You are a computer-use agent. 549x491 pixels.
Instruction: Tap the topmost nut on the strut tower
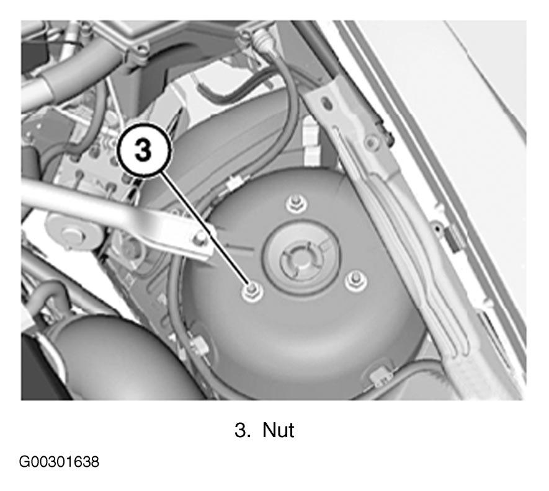(x=296, y=203)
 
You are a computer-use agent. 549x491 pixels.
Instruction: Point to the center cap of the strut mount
(x=298, y=259)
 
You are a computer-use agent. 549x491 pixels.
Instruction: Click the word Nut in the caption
(x=278, y=430)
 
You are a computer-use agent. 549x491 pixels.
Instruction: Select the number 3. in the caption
(x=243, y=430)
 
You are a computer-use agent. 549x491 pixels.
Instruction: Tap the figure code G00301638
(x=59, y=462)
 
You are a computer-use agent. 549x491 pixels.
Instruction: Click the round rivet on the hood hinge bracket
(x=370, y=142)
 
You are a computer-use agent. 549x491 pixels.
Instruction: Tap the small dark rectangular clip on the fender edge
(x=453, y=239)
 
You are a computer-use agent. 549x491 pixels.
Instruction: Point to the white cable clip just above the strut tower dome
(x=234, y=183)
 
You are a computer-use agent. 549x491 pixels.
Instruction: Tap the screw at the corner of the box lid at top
(x=141, y=51)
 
